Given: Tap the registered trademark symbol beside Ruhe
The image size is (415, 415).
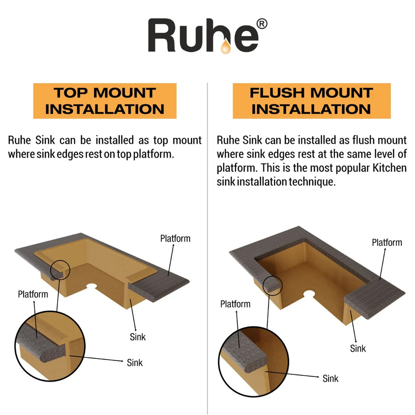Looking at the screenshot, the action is point(262,24).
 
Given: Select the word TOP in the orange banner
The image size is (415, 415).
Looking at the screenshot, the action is point(70,93).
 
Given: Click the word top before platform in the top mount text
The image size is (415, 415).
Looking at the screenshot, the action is point(124,155).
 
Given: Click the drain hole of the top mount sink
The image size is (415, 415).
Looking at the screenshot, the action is point(91,286).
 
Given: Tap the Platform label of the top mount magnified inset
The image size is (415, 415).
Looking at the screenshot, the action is point(33,294).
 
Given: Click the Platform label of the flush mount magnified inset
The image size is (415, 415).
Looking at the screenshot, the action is point(235,304).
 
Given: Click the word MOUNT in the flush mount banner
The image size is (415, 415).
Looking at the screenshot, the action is point(342,93).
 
